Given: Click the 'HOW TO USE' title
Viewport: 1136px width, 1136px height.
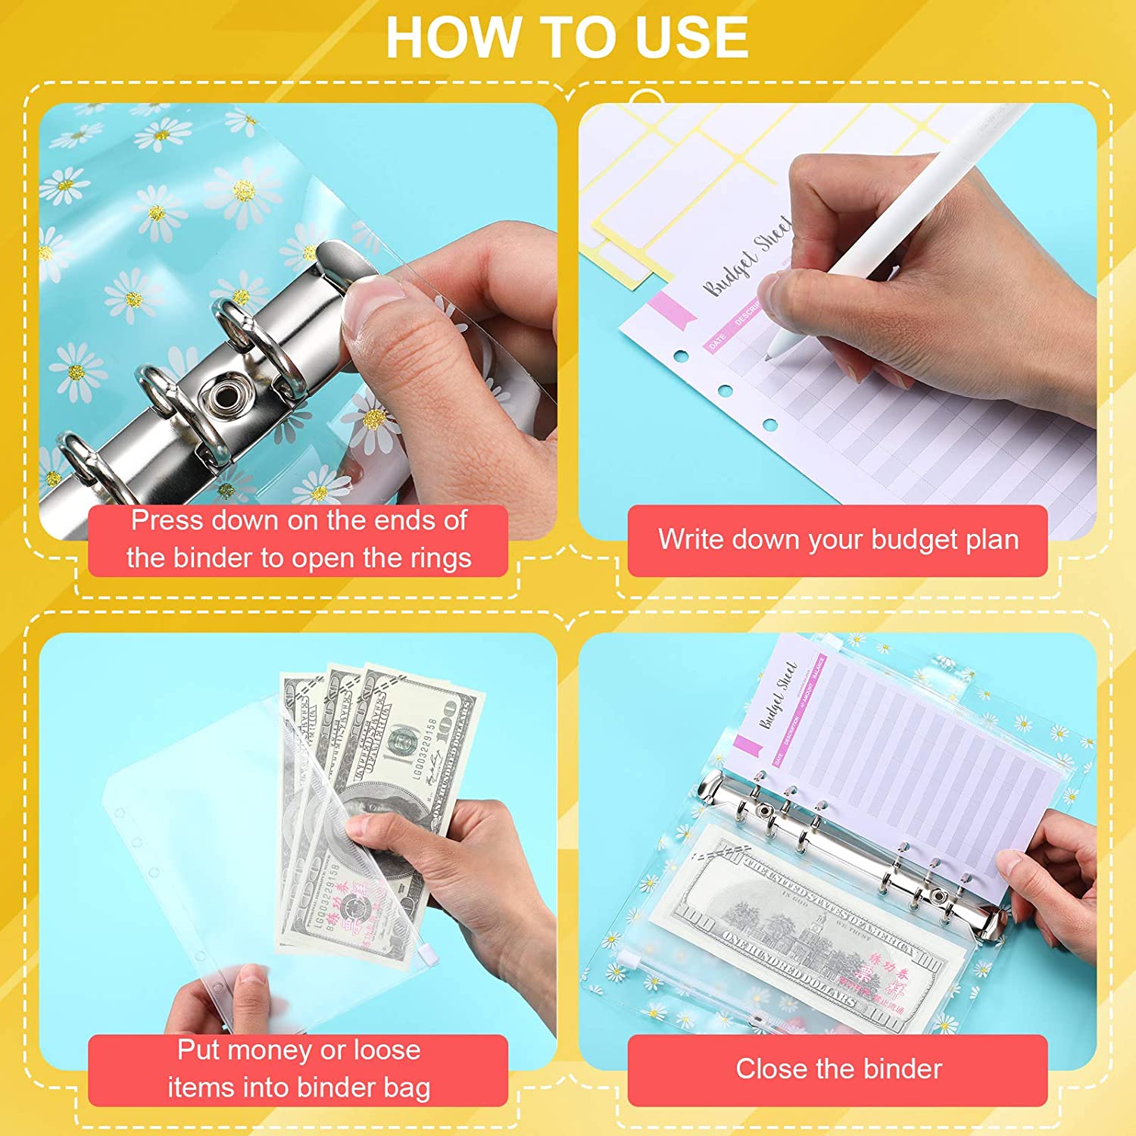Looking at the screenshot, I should point(567,37).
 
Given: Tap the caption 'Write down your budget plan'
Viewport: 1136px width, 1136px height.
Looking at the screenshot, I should point(838,540).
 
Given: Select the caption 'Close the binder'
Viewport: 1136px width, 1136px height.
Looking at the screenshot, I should point(838,1069).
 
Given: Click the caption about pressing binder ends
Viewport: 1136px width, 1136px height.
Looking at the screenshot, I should point(298,539).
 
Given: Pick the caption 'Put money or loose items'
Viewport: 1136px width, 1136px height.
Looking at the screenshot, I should point(298,1069).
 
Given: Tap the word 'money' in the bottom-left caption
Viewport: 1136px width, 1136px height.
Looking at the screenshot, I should point(269,1050).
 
